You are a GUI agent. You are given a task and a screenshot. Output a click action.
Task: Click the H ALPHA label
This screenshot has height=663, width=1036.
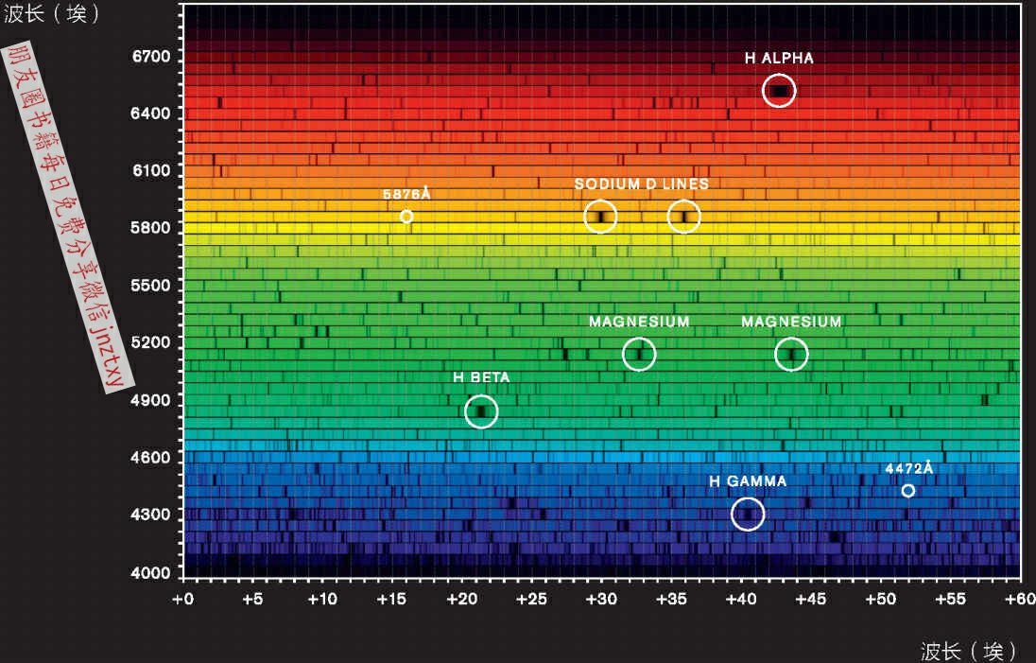pos(779,59)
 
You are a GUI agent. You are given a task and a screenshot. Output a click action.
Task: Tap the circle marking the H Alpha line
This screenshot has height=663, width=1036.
pos(779,91)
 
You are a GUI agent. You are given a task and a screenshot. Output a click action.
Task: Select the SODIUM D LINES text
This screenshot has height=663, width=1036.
pos(642,183)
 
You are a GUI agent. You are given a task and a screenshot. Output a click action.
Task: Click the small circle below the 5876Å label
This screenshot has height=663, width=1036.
pos(406,217)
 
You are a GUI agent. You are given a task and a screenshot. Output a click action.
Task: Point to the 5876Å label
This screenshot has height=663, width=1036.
pos(406,194)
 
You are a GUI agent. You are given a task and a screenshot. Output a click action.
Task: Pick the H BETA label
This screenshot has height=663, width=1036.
pos(481,377)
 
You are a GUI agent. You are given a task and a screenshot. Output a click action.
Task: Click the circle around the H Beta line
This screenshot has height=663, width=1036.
pos(481,411)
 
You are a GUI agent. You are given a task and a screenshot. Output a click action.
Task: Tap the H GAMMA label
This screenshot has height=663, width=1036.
pos(748,481)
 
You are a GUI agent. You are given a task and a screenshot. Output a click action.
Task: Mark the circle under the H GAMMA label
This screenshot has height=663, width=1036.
pos(748,514)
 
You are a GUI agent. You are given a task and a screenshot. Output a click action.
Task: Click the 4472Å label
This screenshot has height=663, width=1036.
pos(909,468)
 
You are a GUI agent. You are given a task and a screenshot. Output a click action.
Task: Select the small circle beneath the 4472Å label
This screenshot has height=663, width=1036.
pos(908,491)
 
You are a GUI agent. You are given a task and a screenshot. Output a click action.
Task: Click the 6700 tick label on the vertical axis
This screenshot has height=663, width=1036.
pos(151,57)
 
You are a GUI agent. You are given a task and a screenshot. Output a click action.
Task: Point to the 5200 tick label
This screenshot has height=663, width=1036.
pos(151,342)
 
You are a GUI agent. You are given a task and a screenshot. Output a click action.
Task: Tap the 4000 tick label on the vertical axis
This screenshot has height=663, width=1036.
pos(151,572)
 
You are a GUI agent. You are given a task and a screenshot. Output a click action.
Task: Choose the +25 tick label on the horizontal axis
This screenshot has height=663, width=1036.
pos(531,599)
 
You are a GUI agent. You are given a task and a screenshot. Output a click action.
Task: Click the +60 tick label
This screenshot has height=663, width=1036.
pos(1019,599)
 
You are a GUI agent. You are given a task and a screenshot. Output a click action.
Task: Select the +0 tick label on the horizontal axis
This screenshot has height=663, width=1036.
pos(183,599)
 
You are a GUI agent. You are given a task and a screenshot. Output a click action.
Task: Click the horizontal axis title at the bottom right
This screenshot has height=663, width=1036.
pos(970,651)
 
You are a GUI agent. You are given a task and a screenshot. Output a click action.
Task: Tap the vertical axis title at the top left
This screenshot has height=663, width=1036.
pos(53,15)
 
